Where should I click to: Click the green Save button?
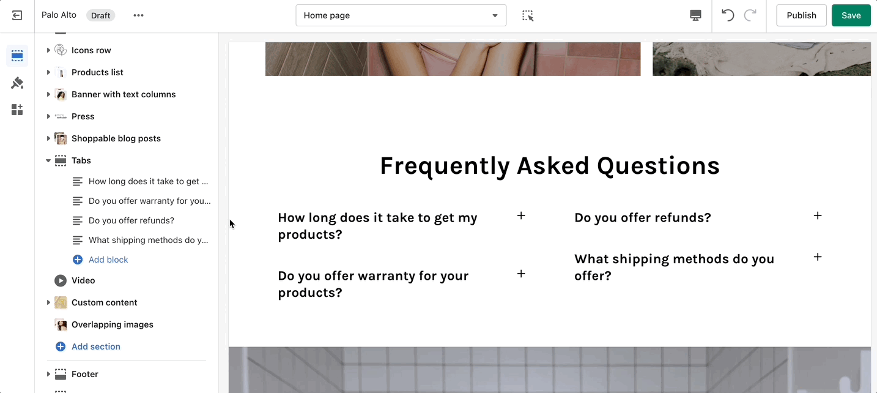tap(851, 15)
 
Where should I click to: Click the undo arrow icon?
tap(727, 15)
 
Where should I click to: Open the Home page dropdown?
tap(401, 15)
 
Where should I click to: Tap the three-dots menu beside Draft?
tap(138, 15)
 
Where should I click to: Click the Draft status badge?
tap(101, 15)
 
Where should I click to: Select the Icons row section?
tap(91, 50)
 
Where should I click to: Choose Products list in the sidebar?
tap(97, 72)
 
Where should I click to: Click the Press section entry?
tap(83, 116)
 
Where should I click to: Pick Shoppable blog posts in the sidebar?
tap(116, 138)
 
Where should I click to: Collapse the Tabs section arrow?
tap(48, 160)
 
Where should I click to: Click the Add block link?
tap(108, 260)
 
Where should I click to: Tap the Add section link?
tap(95, 346)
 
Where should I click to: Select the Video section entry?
tap(83, 280)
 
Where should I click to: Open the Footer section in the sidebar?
tap(84, 374)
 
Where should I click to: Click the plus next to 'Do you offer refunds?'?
tap(818, 215)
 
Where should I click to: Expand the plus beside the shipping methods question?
tap(818, 257)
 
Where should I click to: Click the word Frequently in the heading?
tap(445, 166)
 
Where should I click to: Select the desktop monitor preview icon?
tap(695, 15)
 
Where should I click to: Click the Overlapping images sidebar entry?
tap(113, 324)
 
